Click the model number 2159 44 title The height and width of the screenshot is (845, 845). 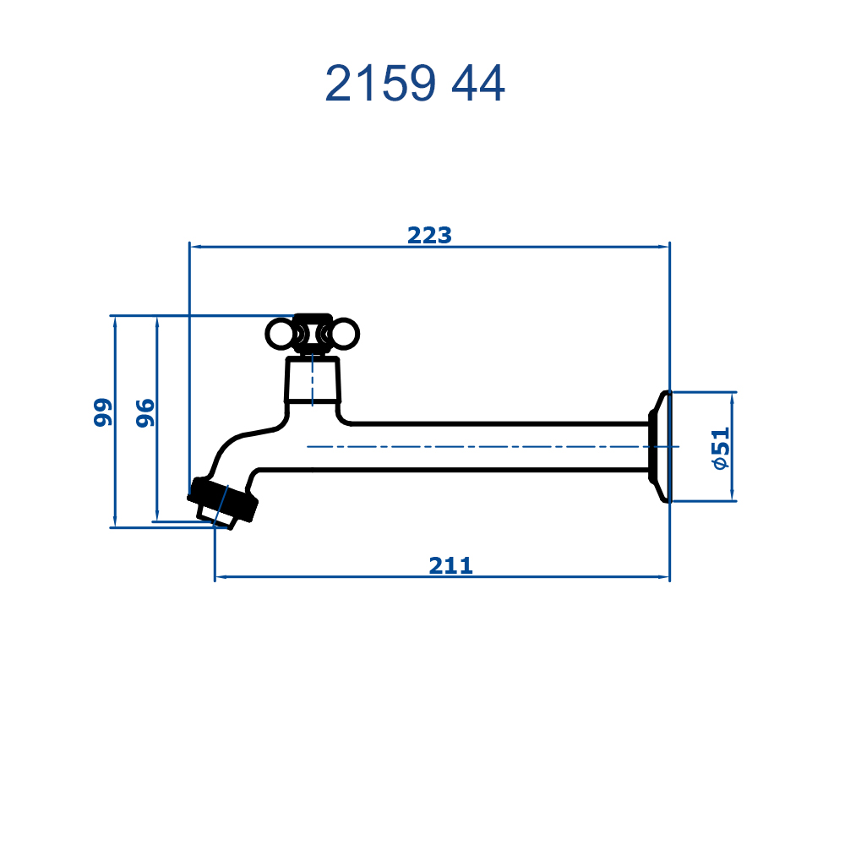(415, 83)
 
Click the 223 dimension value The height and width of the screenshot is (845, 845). (429, 236)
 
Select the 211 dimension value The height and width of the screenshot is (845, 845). (451, 566)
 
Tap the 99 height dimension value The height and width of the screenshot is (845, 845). (102, 412)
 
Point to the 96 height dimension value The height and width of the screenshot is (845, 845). (144, 413)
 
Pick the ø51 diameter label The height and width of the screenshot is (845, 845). (721, 449)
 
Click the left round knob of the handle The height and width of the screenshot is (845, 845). (281, 334)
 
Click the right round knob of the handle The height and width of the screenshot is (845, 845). (345, 334)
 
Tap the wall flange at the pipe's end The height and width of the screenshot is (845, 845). (660, 447)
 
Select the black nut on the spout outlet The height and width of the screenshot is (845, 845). (222, 499)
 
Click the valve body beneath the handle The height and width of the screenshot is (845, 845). (313, 380)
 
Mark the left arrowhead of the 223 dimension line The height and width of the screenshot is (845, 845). (196, 247)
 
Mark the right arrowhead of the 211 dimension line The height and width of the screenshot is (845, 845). (663, 577)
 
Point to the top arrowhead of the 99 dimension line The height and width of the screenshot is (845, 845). (115, 322)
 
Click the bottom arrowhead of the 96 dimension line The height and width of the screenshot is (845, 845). (157, 515)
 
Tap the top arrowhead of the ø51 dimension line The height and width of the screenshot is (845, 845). (732, 399)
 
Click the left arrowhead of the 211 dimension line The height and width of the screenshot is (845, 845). (221, 577)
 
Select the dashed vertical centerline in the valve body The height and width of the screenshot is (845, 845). (313, 380)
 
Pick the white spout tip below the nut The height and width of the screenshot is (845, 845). (215, 517)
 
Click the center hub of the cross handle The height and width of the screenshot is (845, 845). (313, 334)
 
